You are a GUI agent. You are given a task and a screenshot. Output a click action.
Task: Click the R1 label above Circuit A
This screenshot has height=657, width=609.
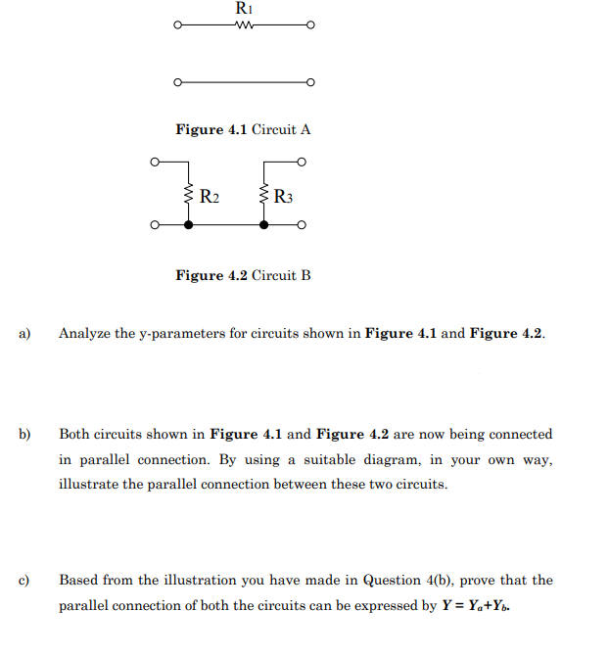(x=244, y=8)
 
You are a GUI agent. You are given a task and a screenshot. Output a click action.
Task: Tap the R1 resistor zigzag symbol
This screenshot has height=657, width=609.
(x=244, y=25)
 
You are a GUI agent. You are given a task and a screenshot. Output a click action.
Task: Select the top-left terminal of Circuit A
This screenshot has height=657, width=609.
(x=177, y=25)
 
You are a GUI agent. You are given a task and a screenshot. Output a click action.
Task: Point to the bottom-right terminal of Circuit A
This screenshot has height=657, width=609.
(x=310, y=82)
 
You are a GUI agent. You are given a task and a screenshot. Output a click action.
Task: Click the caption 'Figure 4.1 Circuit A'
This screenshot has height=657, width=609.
(x=243, y=129)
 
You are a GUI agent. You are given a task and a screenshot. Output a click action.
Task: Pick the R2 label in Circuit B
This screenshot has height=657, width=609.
(x=210, y=196)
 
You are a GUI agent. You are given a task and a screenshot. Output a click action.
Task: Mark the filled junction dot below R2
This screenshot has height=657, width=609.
(x=188, y=225)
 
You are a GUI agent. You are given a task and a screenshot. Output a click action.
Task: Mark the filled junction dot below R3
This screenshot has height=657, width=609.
(x=263, y=225)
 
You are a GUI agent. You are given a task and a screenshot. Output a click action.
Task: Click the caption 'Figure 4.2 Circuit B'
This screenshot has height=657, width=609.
(x=243, y=275)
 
